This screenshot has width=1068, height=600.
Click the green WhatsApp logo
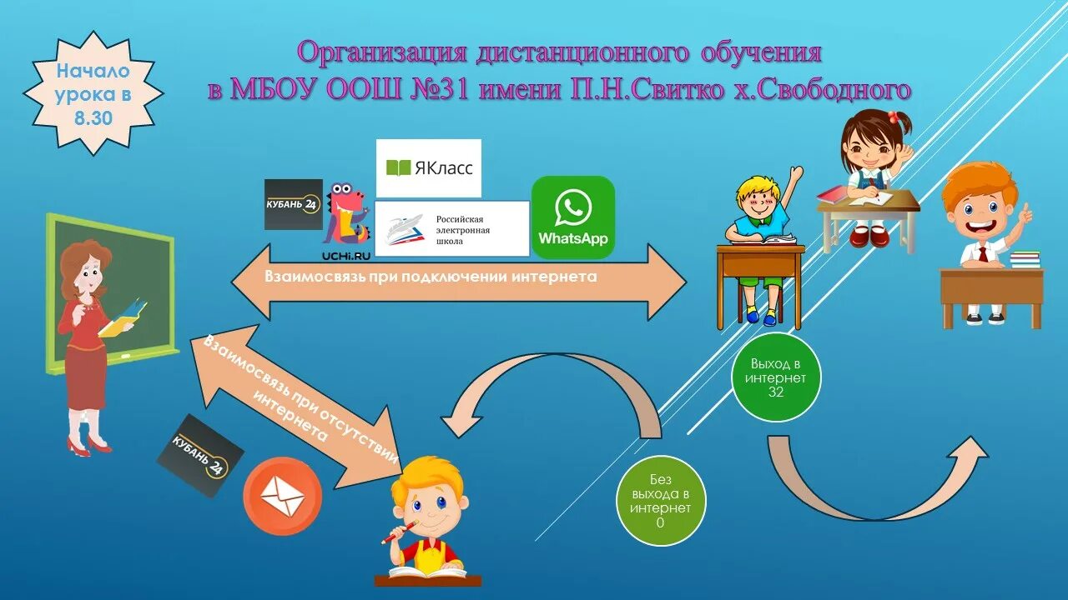(573, 217)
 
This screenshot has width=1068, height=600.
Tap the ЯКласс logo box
(429, 168)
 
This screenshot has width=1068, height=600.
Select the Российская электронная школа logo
(452, 228)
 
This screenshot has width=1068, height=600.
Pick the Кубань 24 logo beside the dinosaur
(293, 204)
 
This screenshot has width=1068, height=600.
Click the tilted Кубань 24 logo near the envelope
(200, 455)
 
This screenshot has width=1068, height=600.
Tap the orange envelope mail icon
(282, 497)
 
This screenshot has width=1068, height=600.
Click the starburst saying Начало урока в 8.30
(93, 93)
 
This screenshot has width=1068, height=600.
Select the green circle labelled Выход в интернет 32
(777, 377)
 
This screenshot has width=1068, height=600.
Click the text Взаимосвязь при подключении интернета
(431, 277)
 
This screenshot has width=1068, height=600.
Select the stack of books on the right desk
(1025, 259)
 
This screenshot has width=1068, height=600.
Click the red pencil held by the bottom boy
(399, 532)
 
